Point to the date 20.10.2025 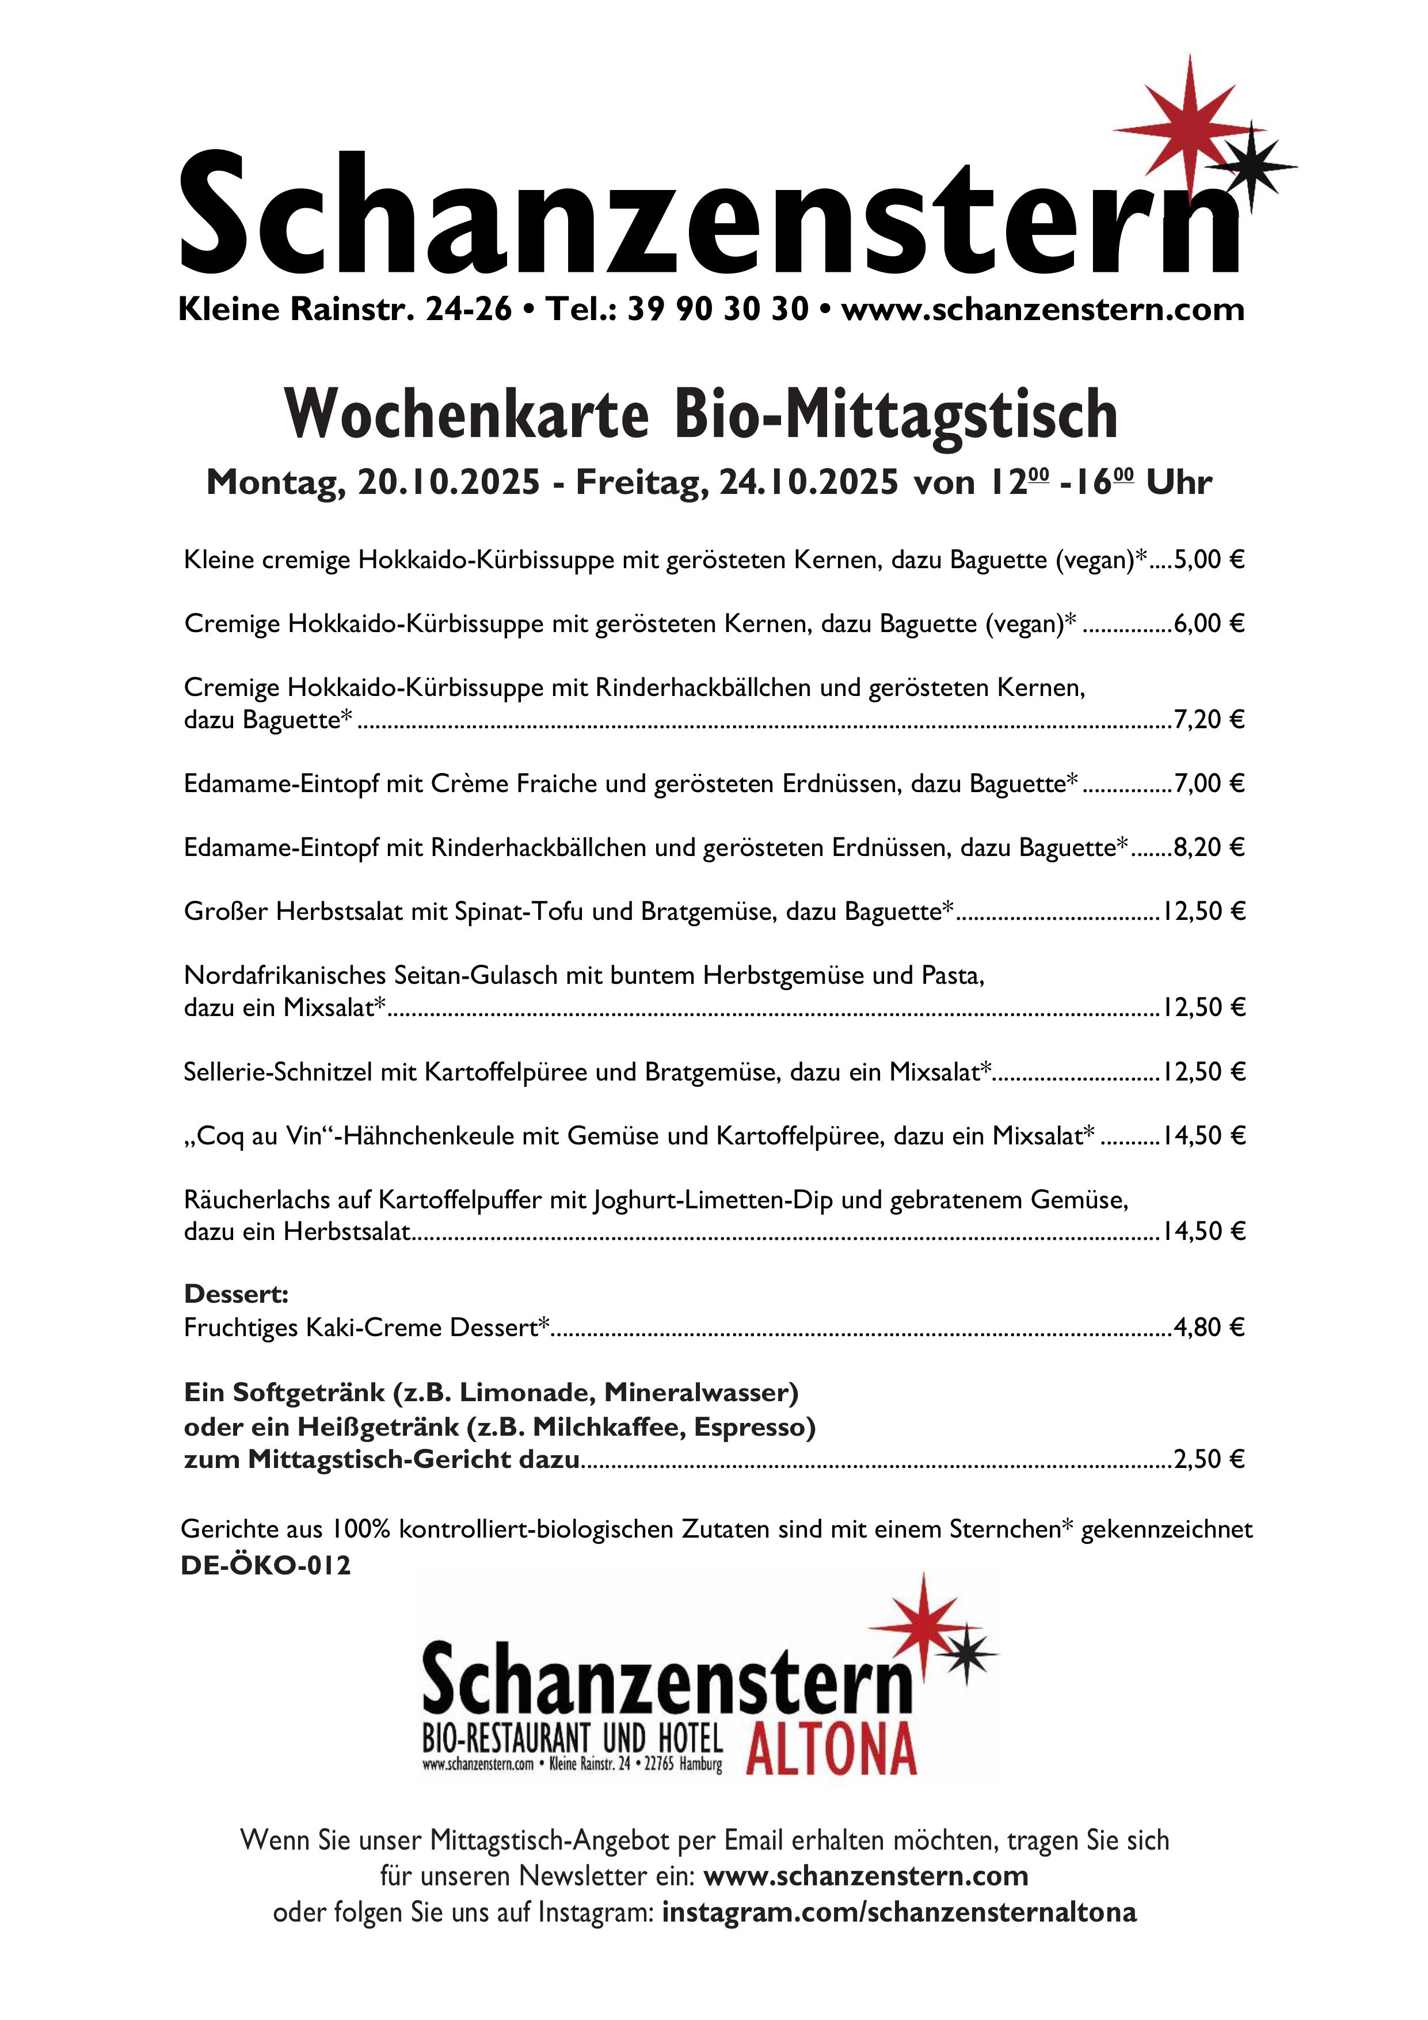tap(449, 482)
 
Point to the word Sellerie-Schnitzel tap(278, 1071)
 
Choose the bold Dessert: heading tap(236, 1294)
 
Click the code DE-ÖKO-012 tap(266, 1565)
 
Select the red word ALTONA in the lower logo tap(832, 1748)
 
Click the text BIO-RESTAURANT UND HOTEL tap(572, 1739)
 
